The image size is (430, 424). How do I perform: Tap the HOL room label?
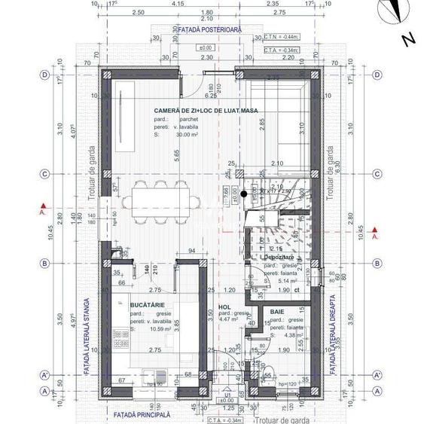(224, 307)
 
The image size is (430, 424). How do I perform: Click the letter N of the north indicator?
(407, 40)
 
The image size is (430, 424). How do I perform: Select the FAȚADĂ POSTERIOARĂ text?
(211, 30)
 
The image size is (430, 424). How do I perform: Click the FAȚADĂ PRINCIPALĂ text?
(142, 414)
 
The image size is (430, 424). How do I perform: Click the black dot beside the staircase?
(243, 194)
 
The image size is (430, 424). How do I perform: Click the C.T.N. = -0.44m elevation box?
(282, 36)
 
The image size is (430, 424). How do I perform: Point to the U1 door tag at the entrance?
(226, 393)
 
